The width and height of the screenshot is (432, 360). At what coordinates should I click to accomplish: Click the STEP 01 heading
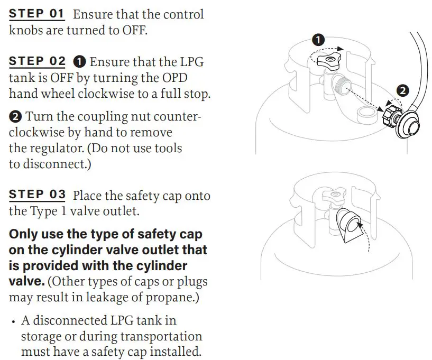(38, 14)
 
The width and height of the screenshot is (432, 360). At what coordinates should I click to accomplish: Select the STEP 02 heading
(38, 61)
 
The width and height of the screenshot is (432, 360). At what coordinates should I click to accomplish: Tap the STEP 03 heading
(38, 195)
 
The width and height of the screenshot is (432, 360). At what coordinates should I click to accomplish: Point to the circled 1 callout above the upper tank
(318, 40)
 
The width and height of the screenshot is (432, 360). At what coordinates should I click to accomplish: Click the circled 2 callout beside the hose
(403, 90)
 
